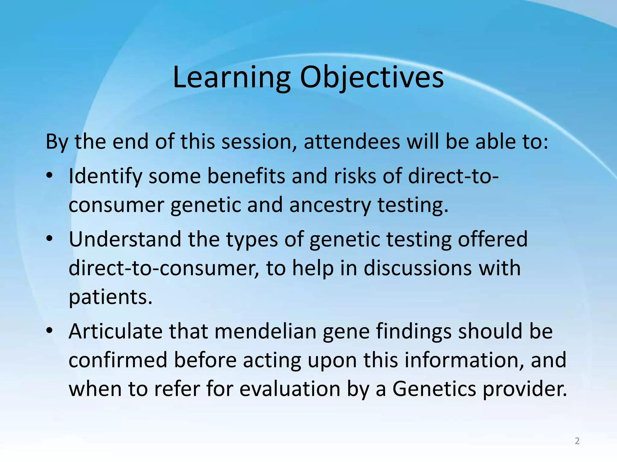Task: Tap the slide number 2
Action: point(577,441)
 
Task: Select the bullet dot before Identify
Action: point(50,176)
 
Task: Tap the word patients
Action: point(110,297)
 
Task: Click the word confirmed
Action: point(118,360)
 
